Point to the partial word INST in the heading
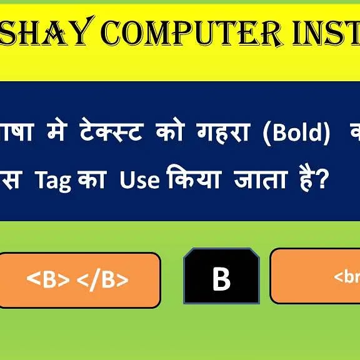325,33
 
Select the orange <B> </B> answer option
79,280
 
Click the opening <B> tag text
48,280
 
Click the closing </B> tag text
102,280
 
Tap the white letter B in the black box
221,279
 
